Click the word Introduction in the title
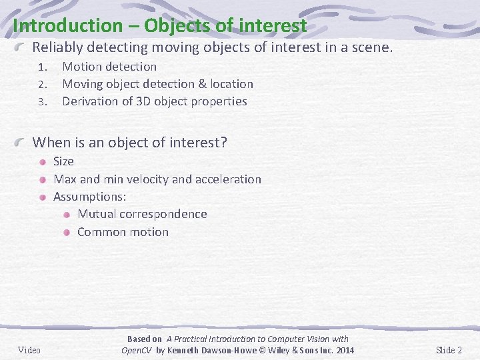coord(63,26)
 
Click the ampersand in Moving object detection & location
coord(201,84)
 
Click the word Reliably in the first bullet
coord(59,48)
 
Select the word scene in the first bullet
coord(373,48)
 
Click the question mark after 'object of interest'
coord(224,142)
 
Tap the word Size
coord(63,161)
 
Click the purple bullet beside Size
coord(43,161)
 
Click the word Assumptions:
coord(90,197)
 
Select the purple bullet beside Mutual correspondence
coord(67,214)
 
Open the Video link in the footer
coord(29,351)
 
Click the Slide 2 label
coord(449,351)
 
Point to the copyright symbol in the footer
coord(265,351)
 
